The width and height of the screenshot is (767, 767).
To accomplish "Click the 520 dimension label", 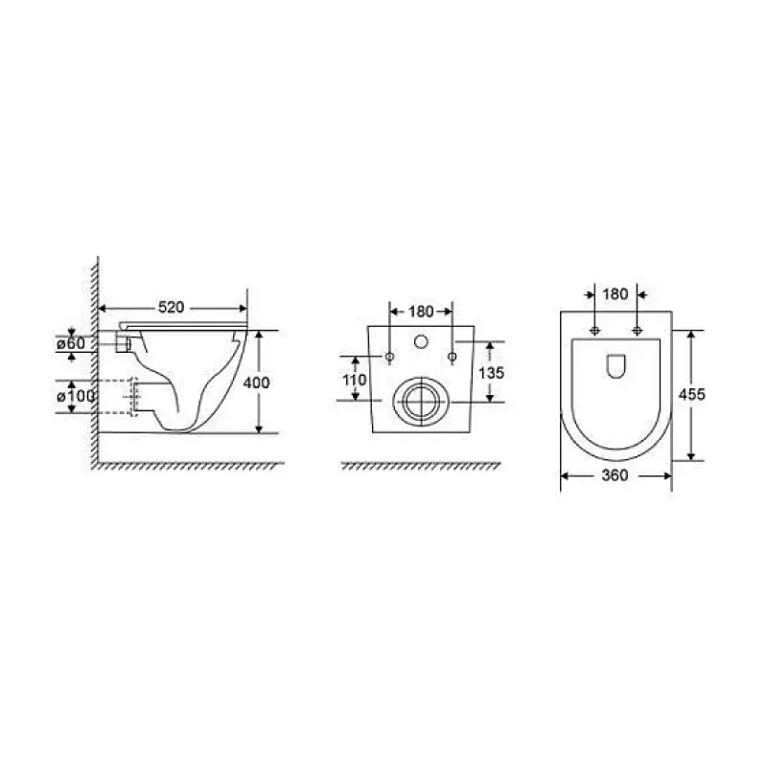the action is click(x=172, y=307).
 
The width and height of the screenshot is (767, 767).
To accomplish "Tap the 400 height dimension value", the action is click(x=256, y=383).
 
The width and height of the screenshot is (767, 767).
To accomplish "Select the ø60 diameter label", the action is click(x=71, y=343).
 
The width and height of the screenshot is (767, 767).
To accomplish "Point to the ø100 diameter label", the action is click(x=76, y=396).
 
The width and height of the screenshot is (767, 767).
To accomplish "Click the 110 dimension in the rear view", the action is click(x=355, y=380).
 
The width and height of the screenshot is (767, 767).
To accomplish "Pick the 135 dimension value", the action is click(x=491, y=373).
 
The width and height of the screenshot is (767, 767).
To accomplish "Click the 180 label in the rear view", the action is click(x=421, y=312).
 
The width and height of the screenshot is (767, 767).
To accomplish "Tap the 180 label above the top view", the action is click(x=616, y=294).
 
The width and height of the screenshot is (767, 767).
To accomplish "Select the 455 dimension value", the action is click(x=691, y=394).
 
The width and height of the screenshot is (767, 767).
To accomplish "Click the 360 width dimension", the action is click(x=615, y=475).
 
